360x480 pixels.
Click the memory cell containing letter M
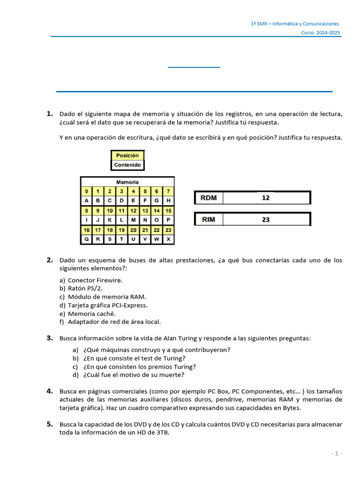(133, 220)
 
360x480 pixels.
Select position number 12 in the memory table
(133, 210)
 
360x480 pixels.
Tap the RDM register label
(209, 198)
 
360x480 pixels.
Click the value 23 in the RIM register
(266, 219)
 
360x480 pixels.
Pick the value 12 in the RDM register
(266, 198)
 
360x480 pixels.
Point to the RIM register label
(209, 219)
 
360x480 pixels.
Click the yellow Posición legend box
(127, 155)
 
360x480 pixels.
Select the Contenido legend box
(127, 165)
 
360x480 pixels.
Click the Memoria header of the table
(127, 182)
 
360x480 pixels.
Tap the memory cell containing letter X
(168, 239)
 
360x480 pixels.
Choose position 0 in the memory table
(86, 191)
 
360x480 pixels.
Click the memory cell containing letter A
(86, 201)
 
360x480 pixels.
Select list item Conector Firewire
(95, 280)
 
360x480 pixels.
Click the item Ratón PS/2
(85, 288)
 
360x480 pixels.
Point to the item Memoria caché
(91, 314)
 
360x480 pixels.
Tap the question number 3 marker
(49, 338)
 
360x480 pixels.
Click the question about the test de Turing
(135, 358)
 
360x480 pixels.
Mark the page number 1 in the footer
(337, 453)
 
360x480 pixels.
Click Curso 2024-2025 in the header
(321, 32)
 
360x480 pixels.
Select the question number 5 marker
(49, 424)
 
